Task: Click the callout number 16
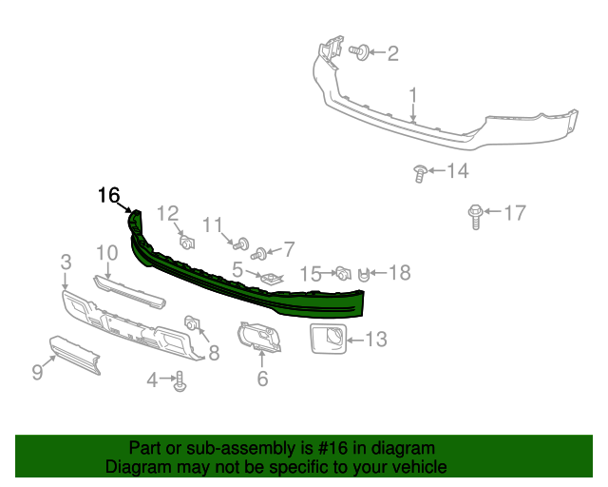[109, 196]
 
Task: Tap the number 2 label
[392, 53]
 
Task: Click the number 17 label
[513, 213]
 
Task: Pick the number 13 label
[375, 338]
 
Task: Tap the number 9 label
[37, 372]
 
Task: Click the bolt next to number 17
[475, 217]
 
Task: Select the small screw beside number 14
[419, 172]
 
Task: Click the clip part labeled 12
[187, 240]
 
